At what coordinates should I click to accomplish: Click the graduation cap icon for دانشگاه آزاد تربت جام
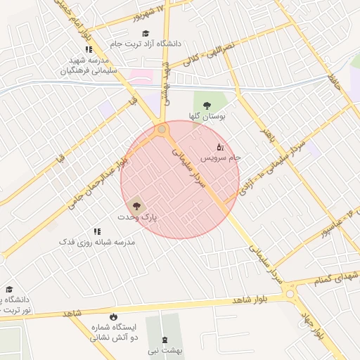(x=146, y=33)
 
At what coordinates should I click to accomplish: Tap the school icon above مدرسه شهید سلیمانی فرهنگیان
(x=89, y=49)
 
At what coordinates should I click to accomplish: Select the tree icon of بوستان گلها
(x=206, y=105)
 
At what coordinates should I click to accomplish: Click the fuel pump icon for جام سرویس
(x=219, y=148)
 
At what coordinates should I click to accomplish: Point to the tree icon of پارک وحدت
(x=136, y=207)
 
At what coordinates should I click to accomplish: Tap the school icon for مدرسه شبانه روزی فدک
(x=97, y=231)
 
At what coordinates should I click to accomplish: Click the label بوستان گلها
(x=207, y=117)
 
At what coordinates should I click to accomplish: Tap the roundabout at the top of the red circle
(x=162, y=130)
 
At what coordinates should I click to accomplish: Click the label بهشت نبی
(x=169, y=349)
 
